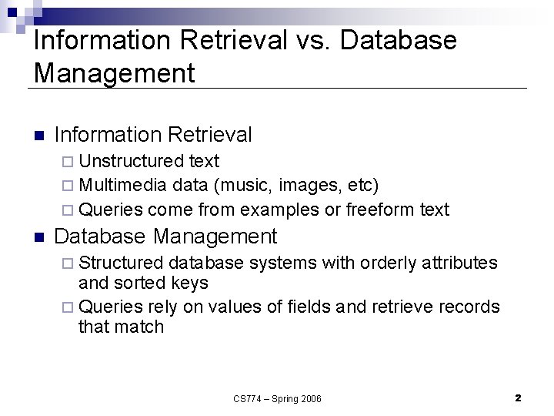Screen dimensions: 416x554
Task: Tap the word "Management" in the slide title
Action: coord(115,74)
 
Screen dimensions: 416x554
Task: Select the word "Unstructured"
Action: coord(132,161)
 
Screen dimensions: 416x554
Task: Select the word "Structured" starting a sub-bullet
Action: coord(121,263)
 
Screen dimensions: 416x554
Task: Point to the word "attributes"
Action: coord(460,263)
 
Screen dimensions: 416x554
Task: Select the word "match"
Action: coord(141,327)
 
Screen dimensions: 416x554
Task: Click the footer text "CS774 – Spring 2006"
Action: coord(278,398)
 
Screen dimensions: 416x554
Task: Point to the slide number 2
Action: coord(518,398)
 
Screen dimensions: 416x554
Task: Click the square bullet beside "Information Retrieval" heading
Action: coord(41,136)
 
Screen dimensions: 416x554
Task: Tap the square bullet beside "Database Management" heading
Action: coord(41,236)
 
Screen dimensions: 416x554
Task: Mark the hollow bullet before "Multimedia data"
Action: coord(69,186)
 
